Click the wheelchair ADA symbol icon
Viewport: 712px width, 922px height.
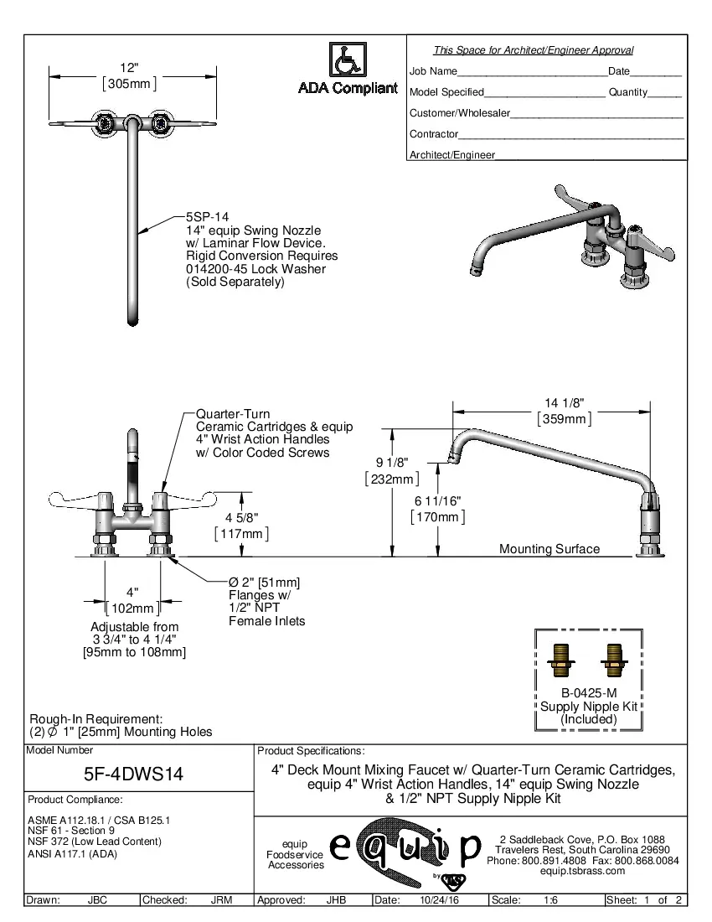(346, 60)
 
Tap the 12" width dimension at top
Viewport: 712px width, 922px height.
(129, 67)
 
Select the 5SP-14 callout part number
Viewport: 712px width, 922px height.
(205, 216)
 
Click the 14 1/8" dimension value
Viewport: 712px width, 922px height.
(564, 402)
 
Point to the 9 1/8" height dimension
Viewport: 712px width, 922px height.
(391, 463)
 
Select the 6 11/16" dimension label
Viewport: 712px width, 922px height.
(437, 500)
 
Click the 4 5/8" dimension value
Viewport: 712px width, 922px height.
(241, 517)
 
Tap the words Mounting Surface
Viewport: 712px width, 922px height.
(549, 549)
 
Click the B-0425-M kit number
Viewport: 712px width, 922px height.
(589, 693)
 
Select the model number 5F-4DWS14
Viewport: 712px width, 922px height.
(134, 775)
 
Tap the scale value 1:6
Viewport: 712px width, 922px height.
(550, 901)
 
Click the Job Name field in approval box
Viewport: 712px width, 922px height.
(433, 71)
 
